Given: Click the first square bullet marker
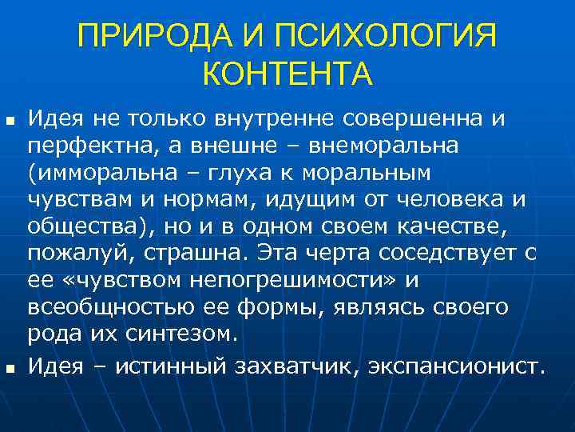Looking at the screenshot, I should coord(10,122).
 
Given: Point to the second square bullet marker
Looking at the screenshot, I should coord(10,369).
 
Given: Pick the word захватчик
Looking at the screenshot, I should coord(290,367).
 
